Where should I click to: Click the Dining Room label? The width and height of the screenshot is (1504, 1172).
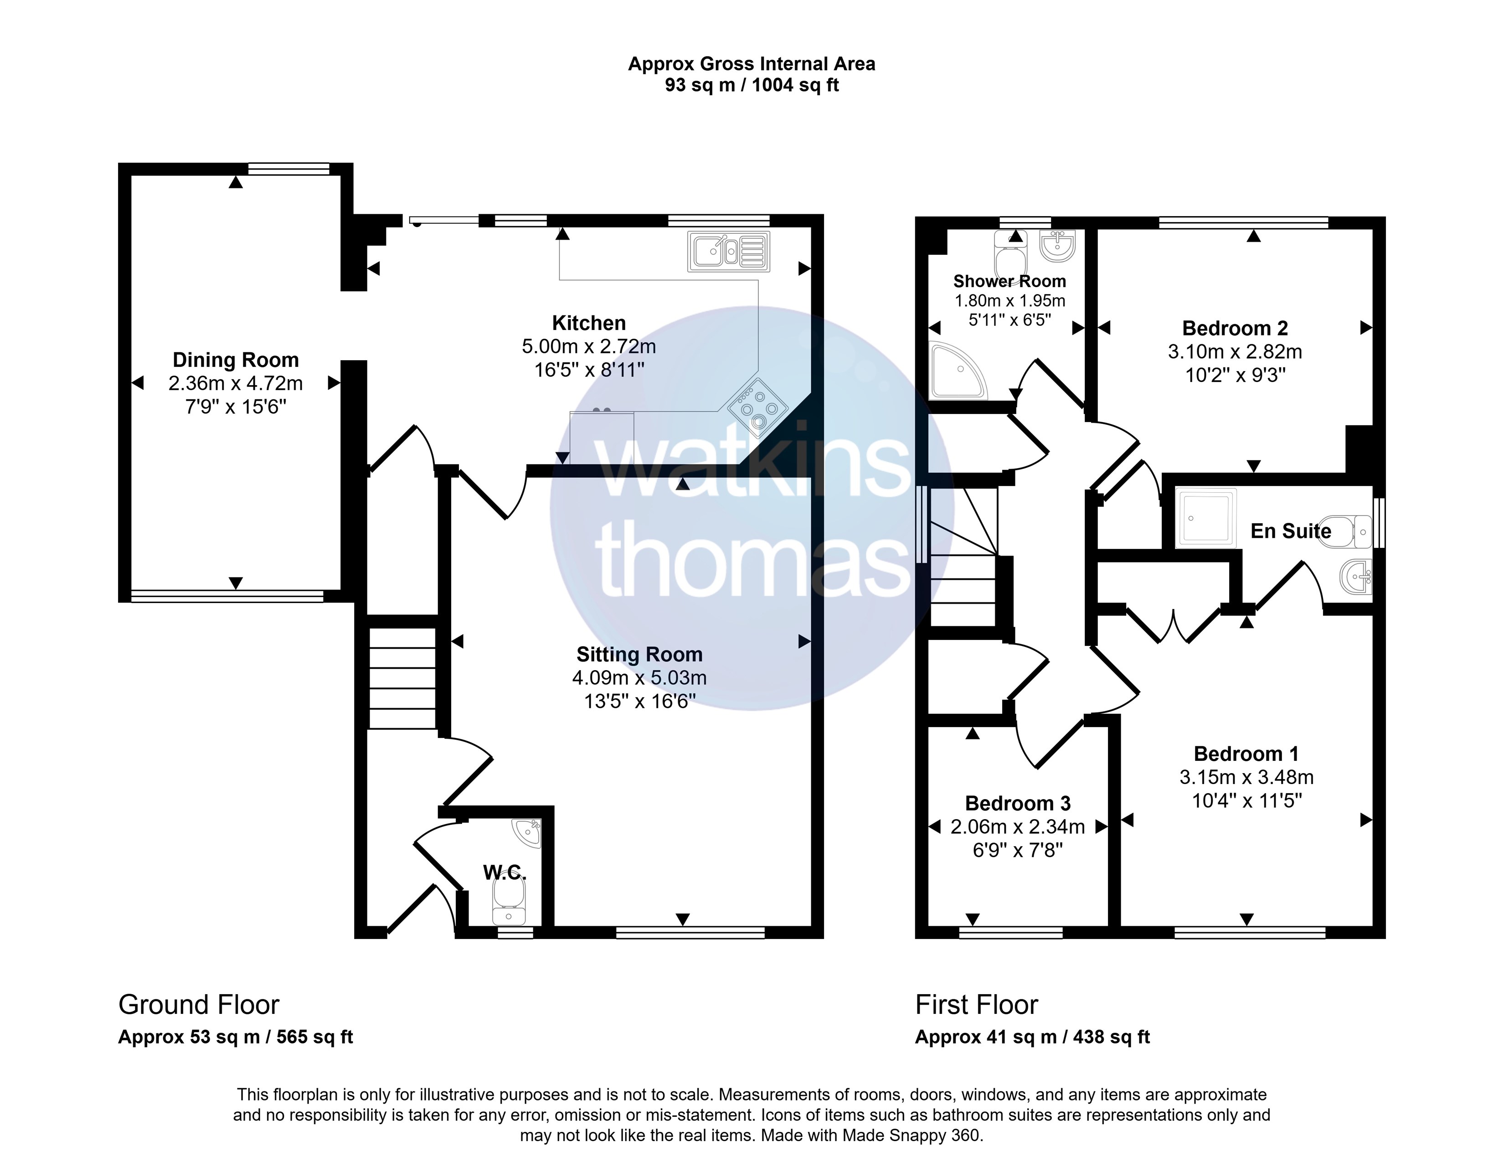coord(236,360)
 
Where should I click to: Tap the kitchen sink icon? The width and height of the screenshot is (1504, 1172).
coord(729,251)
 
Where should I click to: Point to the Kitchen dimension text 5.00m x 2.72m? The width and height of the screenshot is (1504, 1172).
coord(589,346)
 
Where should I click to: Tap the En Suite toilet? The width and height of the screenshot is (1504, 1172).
coord(1344,531)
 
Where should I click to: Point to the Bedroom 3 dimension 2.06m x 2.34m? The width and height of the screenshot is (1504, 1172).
coord(1018,827)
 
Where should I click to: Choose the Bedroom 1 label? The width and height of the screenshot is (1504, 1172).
coord(1246,754)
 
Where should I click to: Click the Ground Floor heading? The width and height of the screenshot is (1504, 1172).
coord(199,1005)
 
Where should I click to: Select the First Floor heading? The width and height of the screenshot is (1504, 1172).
coord(977,1005)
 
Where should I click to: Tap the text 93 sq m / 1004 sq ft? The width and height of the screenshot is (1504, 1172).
coord(752,85)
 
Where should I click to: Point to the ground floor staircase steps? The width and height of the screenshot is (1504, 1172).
coord(403,678)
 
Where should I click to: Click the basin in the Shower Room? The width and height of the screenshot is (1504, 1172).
coord(1057,246)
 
